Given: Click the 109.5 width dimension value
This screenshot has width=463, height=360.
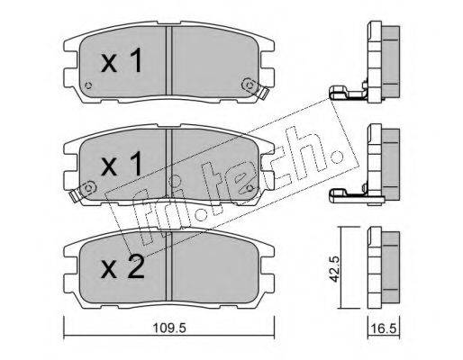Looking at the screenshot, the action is [x=169, y=328].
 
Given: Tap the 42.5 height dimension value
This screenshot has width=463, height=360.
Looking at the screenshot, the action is [x=334, y=269].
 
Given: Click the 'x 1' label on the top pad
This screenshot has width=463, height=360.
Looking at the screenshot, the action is [x=122, y=61].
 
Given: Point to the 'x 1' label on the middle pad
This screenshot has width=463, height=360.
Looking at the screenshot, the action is [x=122, y=164].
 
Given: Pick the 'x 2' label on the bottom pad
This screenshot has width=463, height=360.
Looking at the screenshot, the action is [x=123, y=266].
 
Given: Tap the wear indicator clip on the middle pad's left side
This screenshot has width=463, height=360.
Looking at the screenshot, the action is [x=82, y=191].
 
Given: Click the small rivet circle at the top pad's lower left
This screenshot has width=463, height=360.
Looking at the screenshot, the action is [x=88, y=85].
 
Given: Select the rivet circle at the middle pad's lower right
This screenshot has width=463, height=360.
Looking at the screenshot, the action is [x=250, y=188].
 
